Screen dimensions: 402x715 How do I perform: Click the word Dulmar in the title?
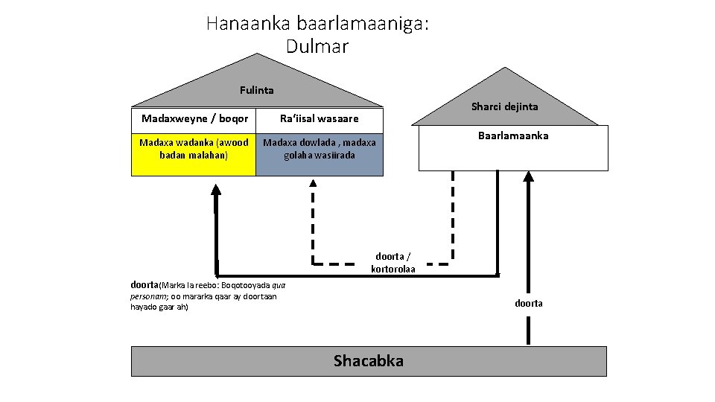[x=317, y=46]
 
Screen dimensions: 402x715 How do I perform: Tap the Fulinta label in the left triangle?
[x=257, y=90]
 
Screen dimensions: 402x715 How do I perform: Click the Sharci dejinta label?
[x=504, y=106]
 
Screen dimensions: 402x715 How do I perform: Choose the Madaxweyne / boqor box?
[x=194, y=118]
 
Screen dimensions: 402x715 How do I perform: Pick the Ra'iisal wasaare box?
[x=319, y=118]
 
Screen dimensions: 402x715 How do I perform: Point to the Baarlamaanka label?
[x=513, y=136]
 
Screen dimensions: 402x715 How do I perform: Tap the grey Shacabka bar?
[x=223, y=361]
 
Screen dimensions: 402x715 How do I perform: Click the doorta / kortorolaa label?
[x=393, y=262]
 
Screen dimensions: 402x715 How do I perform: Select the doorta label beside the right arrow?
[x=529, y=303]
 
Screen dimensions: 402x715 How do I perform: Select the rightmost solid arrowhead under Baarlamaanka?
[x=529, y=177]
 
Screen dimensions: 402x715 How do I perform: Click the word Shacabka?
[x=369, y=361]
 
